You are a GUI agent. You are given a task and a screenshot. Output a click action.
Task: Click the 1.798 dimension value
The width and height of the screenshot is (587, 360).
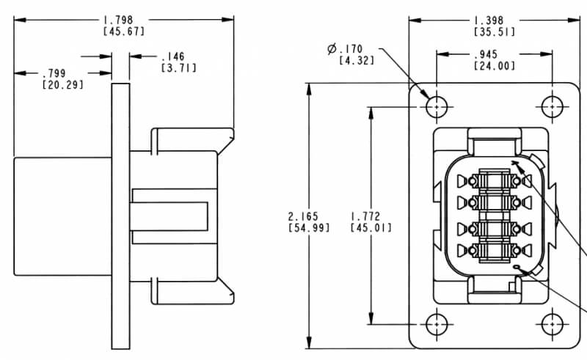pyautogui.click(x=124, y=20)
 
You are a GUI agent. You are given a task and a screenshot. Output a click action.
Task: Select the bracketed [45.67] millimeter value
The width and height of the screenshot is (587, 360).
pyautogui.click(x=124, y=31)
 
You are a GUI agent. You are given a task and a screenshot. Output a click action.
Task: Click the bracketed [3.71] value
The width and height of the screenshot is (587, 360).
pyautogui.click(x=178, y=67)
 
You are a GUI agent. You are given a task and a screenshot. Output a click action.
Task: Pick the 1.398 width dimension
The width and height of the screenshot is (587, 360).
pyautogui.click(x=494, y=21)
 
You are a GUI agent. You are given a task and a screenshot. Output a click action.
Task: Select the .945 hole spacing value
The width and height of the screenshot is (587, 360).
pyautogui.click(x=494, y=55)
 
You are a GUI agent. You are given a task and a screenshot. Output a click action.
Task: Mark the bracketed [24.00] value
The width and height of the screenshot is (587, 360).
pyautogui.click(x=494, y=66)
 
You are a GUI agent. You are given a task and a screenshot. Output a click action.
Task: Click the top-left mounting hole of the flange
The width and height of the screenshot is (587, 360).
pyautogui.click(x=437, y=106)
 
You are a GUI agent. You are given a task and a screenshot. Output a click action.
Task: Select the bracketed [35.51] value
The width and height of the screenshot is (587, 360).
pyautogui.click(x=494, y=32)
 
